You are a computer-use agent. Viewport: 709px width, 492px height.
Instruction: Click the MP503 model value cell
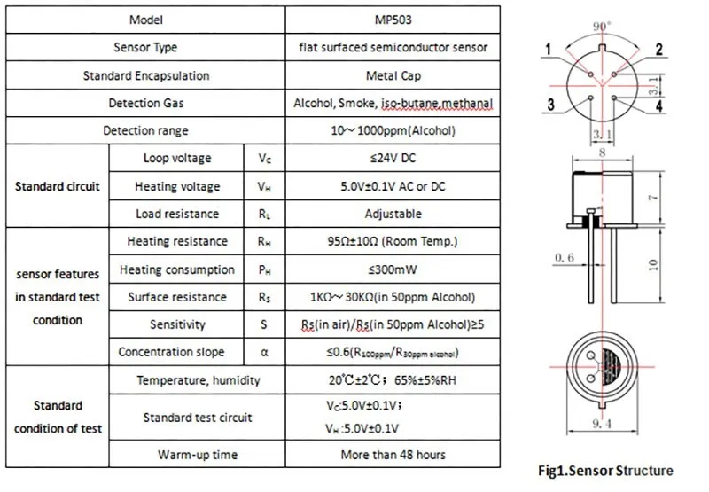(393, 19)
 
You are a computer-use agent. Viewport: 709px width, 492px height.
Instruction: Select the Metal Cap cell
(393, 75)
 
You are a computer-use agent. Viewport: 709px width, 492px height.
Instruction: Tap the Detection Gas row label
(146, 103)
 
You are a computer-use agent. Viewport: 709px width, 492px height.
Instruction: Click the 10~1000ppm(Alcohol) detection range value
(393, 131)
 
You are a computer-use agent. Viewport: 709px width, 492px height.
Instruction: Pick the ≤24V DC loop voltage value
(393, 159)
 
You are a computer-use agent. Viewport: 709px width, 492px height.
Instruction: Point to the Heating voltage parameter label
(176, 187)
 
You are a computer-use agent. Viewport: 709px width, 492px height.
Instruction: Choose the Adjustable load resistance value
(393, 214)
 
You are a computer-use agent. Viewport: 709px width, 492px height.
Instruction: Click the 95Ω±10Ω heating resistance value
(393, 241)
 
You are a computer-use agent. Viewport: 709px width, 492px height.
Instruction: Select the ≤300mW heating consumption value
(393, 269)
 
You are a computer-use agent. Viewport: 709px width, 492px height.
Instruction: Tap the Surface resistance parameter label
(176, 297)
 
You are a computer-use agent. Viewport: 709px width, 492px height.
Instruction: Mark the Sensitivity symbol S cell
(264, 325)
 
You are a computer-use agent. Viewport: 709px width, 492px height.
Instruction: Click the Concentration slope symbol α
(264, 353)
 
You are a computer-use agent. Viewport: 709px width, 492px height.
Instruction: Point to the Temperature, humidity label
(198, 381)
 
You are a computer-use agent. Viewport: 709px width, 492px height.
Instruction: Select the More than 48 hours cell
(393, 455)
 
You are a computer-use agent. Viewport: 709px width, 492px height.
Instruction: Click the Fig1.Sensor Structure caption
(607, 471)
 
